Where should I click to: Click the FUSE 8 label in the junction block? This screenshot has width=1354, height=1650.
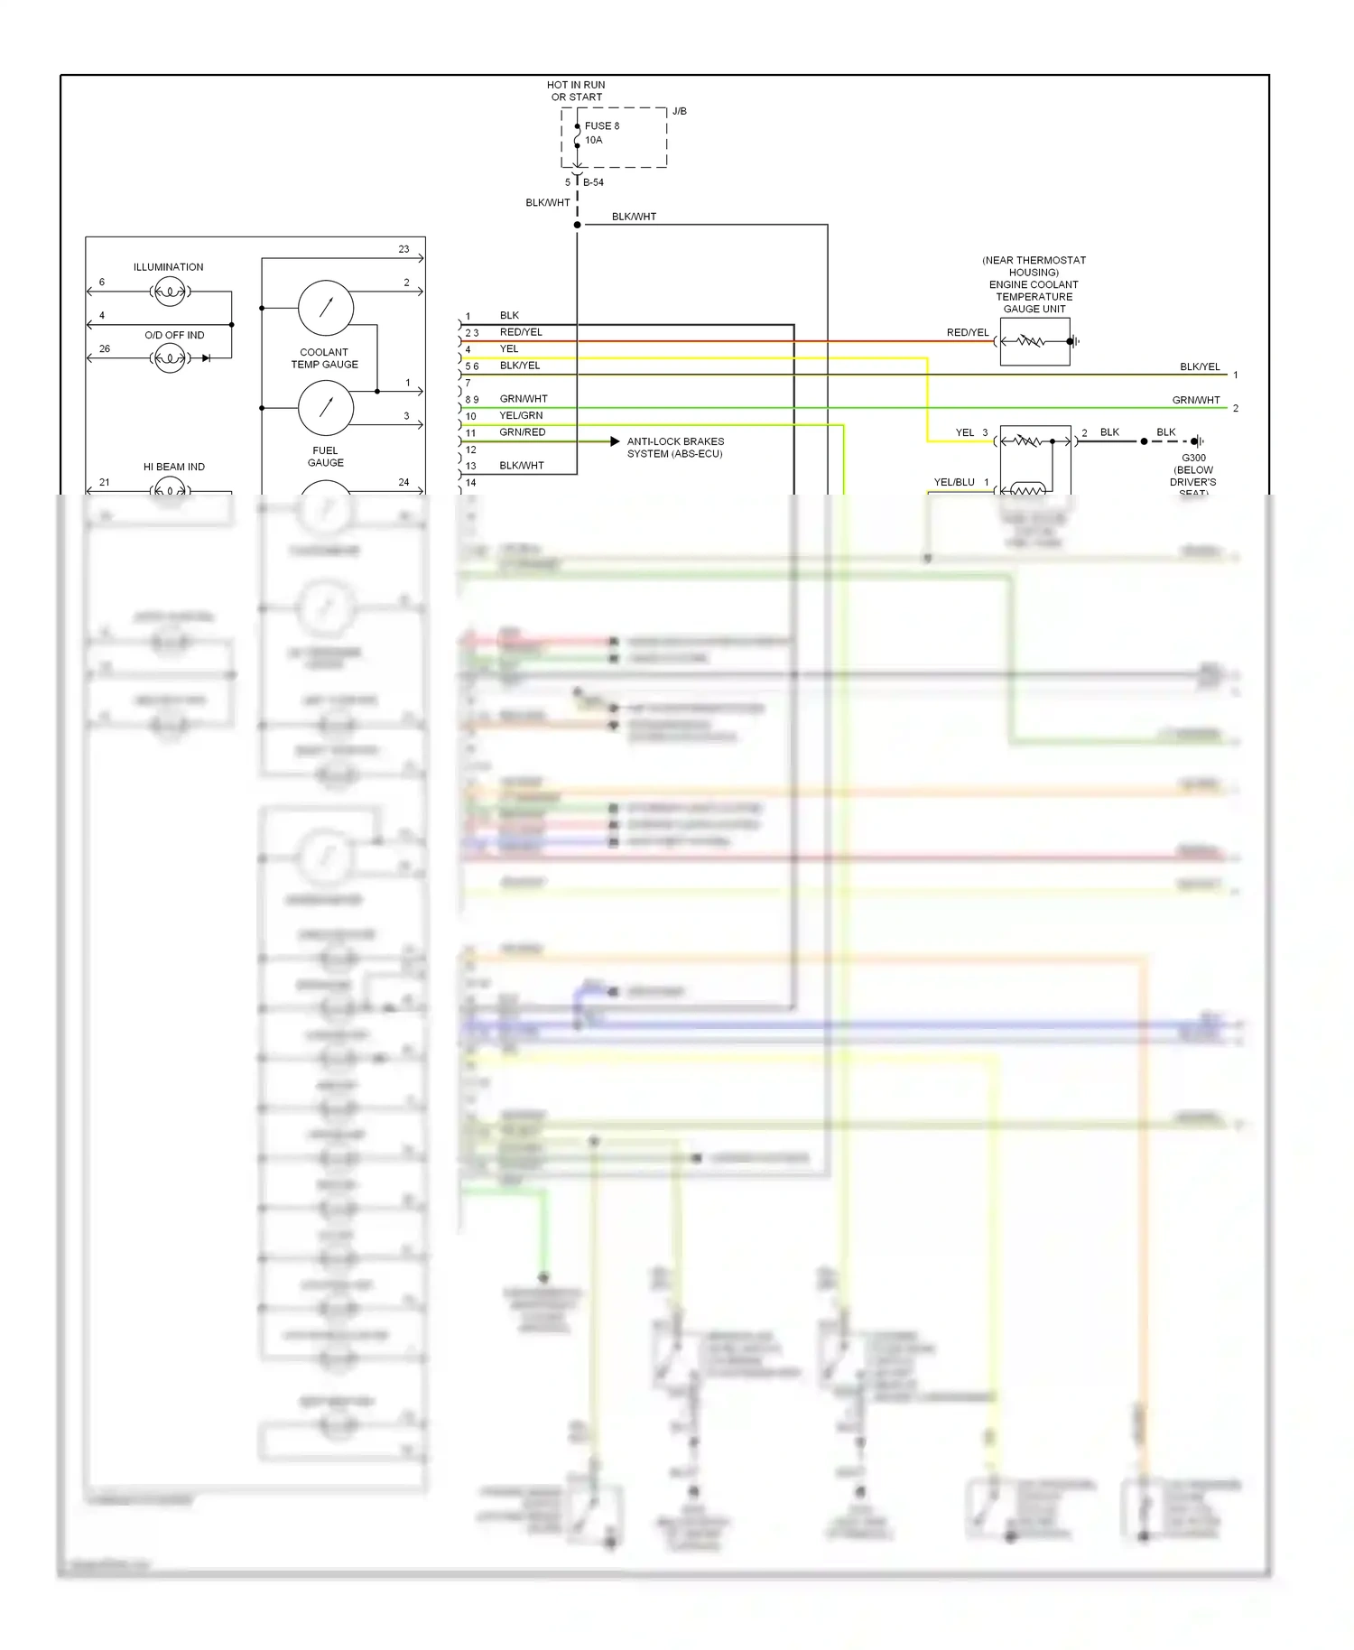[x=601, y=126]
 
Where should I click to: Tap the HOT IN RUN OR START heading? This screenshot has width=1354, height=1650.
[x=576, y=91]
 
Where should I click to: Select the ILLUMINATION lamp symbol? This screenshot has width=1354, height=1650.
[x=170, y=292]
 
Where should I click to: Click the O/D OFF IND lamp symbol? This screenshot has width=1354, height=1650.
[x=170, y=358]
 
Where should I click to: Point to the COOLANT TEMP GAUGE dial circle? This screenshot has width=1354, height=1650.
[x=325, y=308]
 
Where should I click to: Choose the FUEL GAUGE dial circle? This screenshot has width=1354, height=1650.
[x=325, y=407]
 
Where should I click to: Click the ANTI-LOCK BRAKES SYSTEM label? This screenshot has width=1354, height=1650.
[x=675, y=448]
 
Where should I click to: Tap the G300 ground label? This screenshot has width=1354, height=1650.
[x=1193, y=458]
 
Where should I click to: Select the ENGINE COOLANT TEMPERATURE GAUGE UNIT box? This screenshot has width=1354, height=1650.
[x=1034, y=341]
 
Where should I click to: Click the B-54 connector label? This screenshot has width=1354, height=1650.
[x=593, y=182]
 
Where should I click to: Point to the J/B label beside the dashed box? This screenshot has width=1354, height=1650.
[x=679, y=111]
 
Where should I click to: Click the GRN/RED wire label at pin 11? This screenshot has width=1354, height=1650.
[x=522, y=432]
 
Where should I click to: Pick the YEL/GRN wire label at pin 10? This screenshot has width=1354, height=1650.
[x=521, y=416]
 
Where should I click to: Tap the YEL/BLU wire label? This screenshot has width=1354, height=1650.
[x=953, y=482]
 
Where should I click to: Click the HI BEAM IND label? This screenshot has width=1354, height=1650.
[x=173, y=467]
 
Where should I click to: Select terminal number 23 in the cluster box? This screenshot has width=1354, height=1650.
[x=403, y=249]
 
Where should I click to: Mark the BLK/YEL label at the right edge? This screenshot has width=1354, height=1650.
[x=1199, y=366]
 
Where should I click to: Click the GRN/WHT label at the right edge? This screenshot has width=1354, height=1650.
[x=1195, y=400]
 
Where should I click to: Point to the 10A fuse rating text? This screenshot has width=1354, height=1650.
[x=593, y=140]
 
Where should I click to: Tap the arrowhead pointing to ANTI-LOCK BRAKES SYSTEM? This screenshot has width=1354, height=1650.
[x=615, y=441]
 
